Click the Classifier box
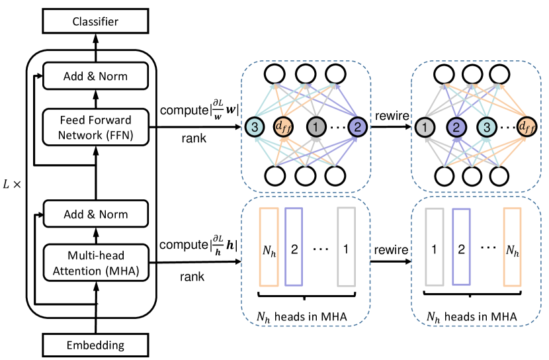point(95,22)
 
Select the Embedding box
point(95,345)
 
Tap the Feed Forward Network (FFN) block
point(95,126)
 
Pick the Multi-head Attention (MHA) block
point(95,263)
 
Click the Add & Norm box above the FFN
point(95,75)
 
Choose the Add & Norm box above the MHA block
point(95,214)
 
